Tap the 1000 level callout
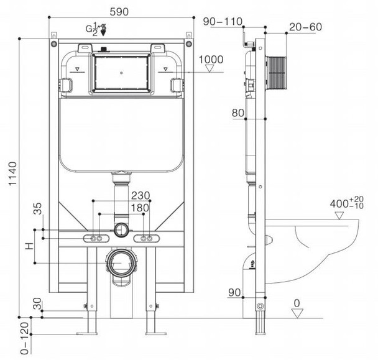[211, 59]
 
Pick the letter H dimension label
[28, 247]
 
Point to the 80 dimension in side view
[237, 113]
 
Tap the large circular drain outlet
[121, 263]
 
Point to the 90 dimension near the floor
[234, 293]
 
